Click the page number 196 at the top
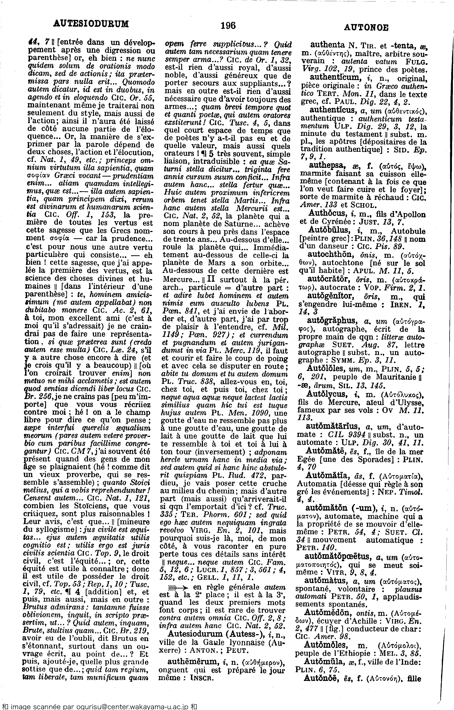point(228,26)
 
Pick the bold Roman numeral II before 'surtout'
point(212,279)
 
